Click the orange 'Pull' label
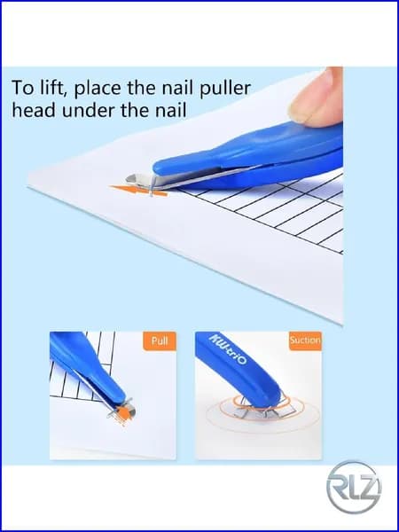(160, 341)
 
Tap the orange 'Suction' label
(305, 340)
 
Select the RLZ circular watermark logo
(354, 487)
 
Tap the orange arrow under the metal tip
(138, 191)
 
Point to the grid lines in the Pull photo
(82, 368)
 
